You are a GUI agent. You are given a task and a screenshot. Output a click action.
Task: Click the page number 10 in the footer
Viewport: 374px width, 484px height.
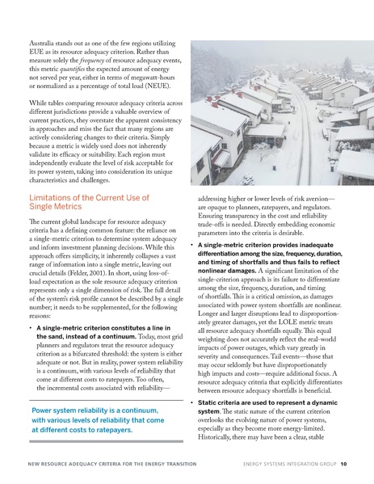pos(344,465)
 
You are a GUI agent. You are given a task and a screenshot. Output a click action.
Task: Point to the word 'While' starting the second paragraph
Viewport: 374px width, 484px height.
pos(40,108)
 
